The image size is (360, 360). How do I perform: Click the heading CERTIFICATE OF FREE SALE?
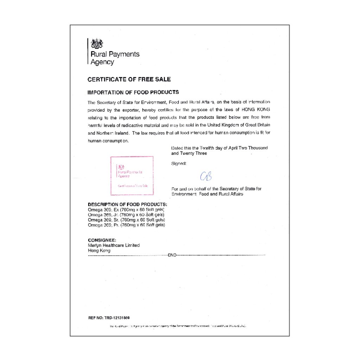[x=129, y=79]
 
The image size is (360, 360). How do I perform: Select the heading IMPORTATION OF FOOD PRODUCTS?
[x=133, y=92]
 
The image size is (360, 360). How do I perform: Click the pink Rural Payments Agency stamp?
[x=132, y=175]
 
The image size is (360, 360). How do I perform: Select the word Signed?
[x=179, y=163]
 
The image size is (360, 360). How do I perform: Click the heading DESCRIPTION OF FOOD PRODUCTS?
[x=127, y=204]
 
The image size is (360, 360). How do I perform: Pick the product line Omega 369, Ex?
[x=126, y=210]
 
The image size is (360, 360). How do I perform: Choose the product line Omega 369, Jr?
[x=126, y=214]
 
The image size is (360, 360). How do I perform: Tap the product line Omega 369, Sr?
[x=126, y=219]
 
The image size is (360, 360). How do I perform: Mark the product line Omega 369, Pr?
[x=126, y=224]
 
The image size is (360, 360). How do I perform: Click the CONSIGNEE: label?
[x=102, y=240]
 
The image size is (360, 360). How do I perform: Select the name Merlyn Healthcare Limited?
[x=114, y=245]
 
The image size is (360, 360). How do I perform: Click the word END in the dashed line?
[x=172, y=255]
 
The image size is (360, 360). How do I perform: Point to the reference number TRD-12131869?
[x=117, y=318]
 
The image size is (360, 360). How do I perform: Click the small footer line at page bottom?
[x=178, y=326]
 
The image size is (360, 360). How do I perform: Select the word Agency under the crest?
[x=102, y=62]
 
